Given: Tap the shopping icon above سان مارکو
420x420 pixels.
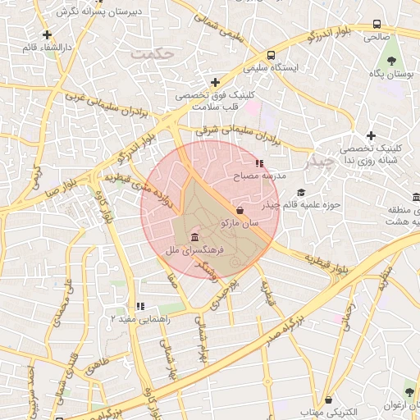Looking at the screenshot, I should (239, 211).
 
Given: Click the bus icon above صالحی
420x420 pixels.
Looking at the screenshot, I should (377, 25).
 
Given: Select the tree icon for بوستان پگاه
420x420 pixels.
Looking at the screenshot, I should (390, 62).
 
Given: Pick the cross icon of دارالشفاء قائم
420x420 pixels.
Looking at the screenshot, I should (48, 35).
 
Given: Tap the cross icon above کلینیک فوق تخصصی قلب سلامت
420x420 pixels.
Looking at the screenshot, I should (215, 82).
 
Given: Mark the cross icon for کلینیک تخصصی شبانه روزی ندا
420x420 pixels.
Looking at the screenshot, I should (371, 135).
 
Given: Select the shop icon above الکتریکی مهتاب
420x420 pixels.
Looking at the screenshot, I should (329, 399).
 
